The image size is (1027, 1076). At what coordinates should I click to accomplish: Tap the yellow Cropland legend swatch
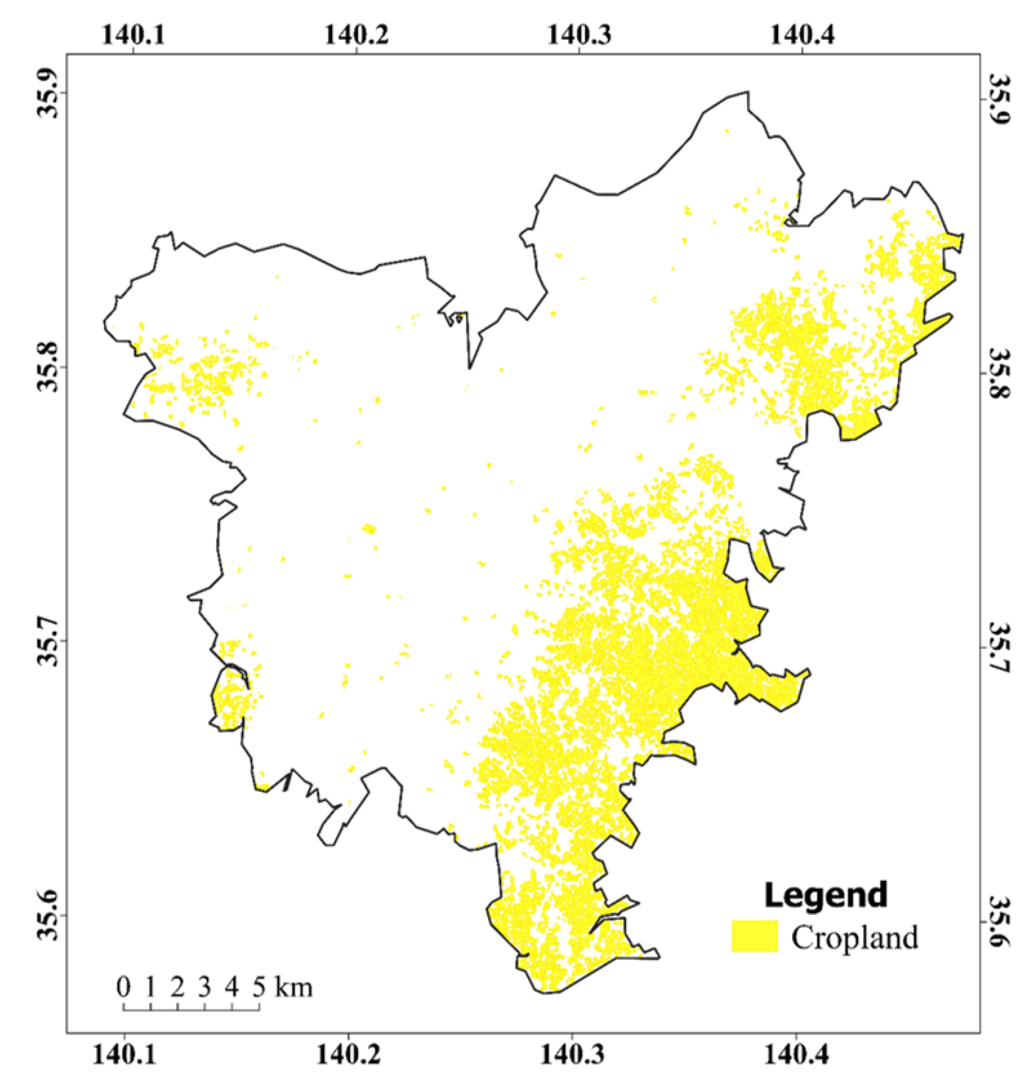coord(754,936)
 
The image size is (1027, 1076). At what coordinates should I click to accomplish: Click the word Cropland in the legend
coord(854,937)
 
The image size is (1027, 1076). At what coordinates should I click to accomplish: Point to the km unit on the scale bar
coord(294,988)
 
